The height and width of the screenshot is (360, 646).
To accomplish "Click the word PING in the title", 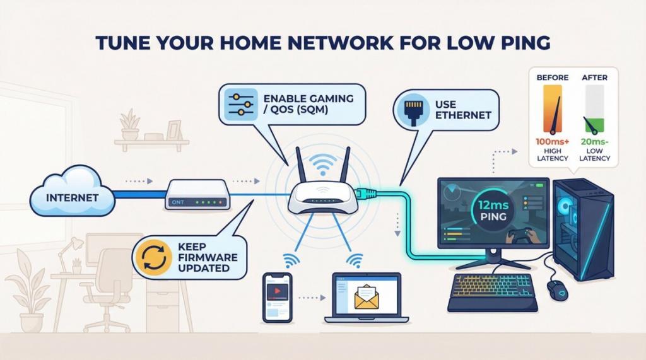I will coord(518,43).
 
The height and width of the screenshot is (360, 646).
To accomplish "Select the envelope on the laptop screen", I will coord(368,296).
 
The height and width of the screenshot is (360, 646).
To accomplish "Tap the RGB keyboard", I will coord(491,289).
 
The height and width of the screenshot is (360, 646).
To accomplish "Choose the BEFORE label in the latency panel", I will coord(552,78).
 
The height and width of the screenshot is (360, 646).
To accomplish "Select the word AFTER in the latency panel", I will coord(594,78).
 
